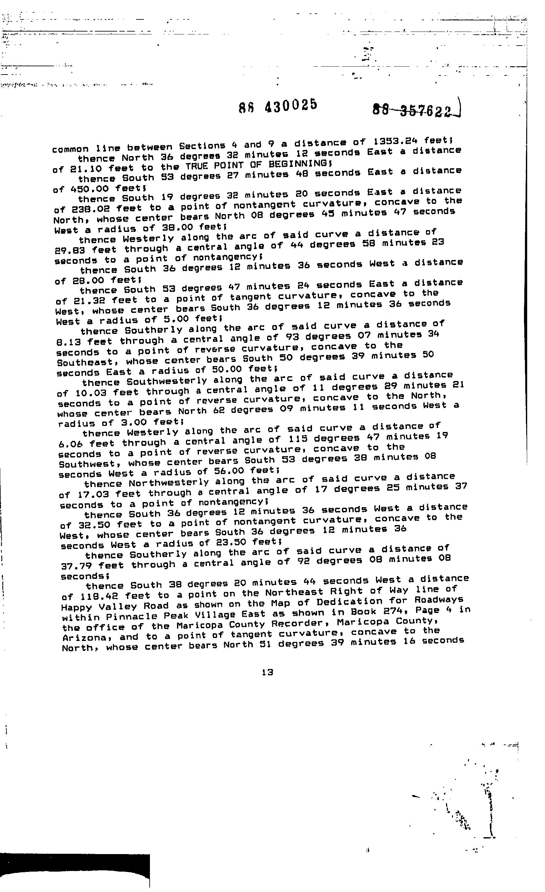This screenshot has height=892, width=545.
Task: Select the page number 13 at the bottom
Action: coord(267,672)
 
